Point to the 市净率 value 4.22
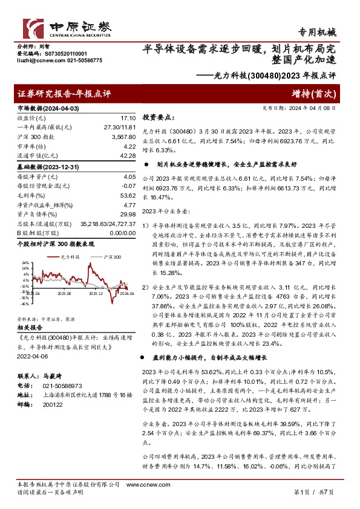[129, 146]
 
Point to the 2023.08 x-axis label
[64, 294]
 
